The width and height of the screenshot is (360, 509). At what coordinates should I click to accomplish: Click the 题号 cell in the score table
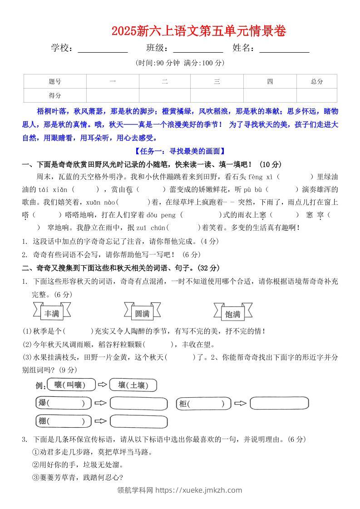54,82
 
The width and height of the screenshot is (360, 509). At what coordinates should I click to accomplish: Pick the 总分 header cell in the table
317,82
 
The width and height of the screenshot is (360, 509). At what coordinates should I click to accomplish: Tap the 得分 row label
54,95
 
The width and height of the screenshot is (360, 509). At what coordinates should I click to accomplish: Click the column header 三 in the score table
217,82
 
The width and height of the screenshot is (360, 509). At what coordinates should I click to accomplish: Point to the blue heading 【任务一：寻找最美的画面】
180,151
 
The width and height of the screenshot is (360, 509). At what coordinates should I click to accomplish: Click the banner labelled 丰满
52,313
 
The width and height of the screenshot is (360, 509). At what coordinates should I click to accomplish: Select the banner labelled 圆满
143,313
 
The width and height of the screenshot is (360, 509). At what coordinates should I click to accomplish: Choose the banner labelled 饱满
233,314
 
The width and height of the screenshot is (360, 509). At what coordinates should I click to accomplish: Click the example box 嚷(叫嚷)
71,385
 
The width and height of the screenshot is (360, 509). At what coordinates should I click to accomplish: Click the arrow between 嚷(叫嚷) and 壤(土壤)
103,385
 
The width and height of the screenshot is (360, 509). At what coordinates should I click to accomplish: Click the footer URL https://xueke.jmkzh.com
198,490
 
